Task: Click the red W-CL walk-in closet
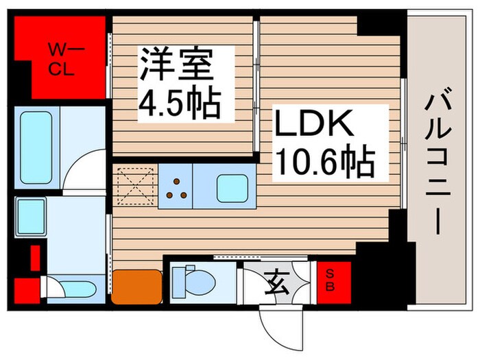pyautogui.click(x=58, y=58)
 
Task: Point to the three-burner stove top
pyautogui.click(x=178, y=187)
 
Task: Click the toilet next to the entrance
pyautogui.click(x=189, y=279)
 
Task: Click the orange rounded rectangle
pyautogui.click(x=136, y=285)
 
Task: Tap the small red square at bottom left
pyautogui.click(x=26, y=289)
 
